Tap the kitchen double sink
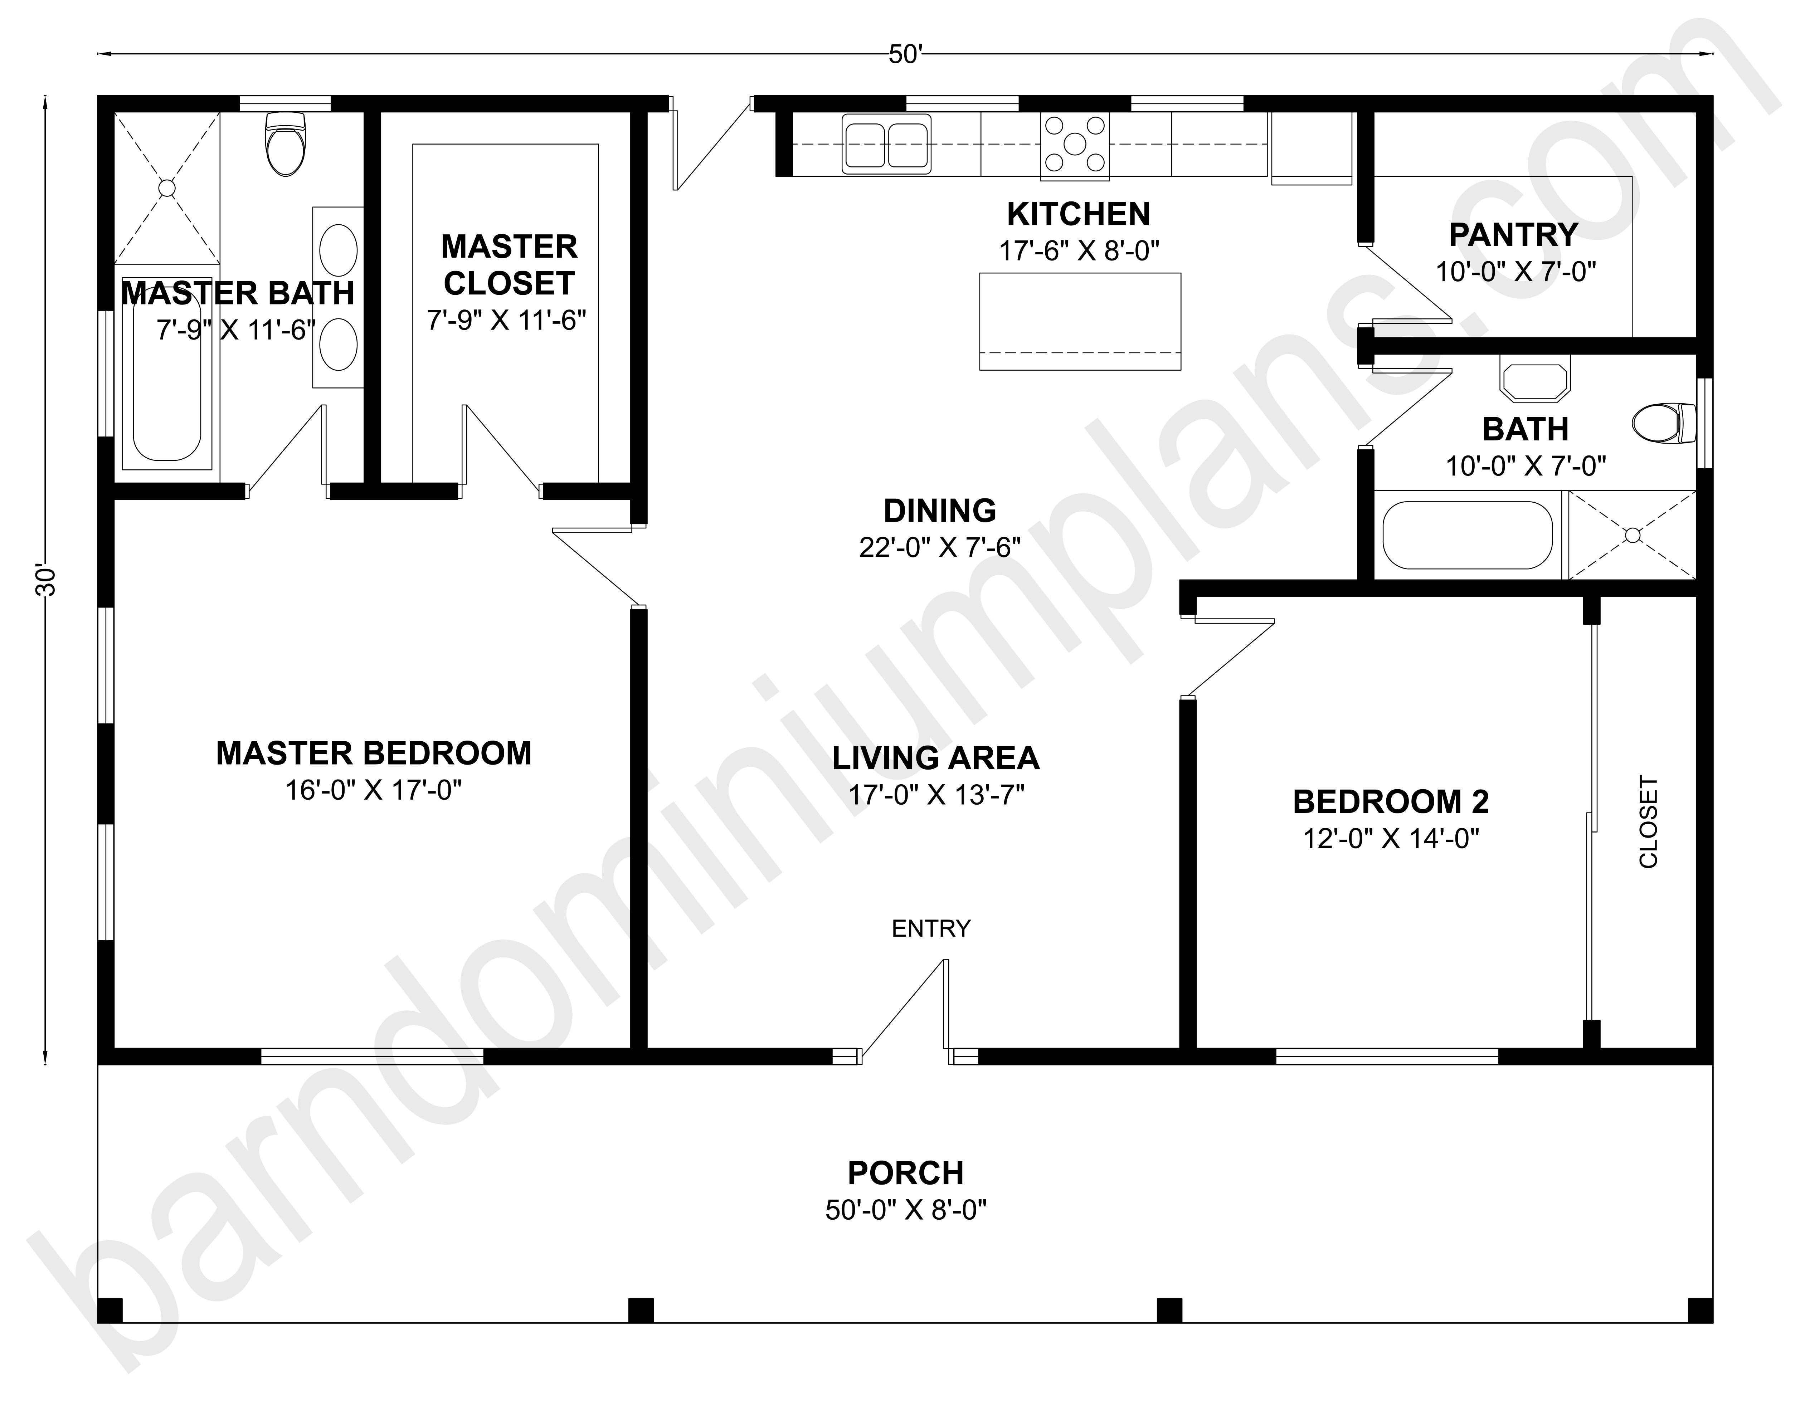tap(886, 144)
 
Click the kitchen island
tap(1080, 321)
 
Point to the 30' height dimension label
tap(46, 580)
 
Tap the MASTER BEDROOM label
tap(374, 753)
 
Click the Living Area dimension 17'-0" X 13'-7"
tap(936, 795)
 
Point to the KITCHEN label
tap(1078, 214)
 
